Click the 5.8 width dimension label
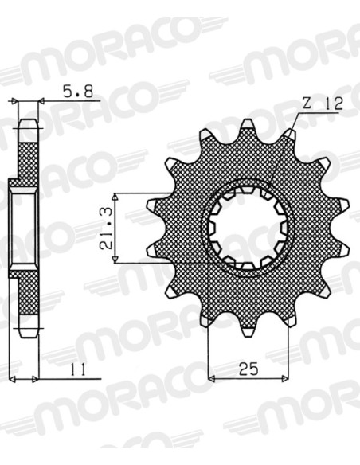(x=78, y=92)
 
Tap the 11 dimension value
(x=78, y=369)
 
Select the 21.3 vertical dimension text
(x=106, y=228)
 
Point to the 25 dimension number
(x=248, y=369)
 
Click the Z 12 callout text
(x=323, y=104)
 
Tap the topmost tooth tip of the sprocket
(x=248, y=122)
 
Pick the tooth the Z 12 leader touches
(x=291, y=134)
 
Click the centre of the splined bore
(x=248, y=228)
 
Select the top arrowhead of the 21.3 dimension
(x=115, y=197)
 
